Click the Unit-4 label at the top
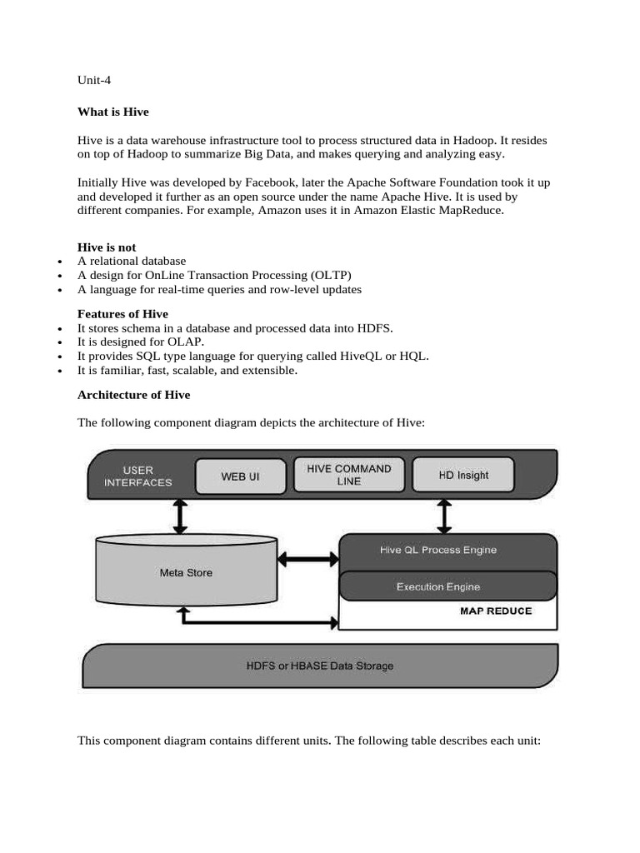click(94, 81)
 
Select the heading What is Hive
click(112, 111)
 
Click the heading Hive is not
click(107, 247)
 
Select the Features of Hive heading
click(122, 314)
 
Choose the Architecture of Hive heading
click(133, 395)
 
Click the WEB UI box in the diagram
click(239, 476)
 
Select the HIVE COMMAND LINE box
click(349, 475)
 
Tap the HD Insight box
click(463, 475)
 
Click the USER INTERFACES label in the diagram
click(138, 476)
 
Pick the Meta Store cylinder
click(186, 572)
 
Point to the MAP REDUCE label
click(496, 611)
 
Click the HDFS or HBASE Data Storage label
click(320, 666)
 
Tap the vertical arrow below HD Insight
click(444, 516)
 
